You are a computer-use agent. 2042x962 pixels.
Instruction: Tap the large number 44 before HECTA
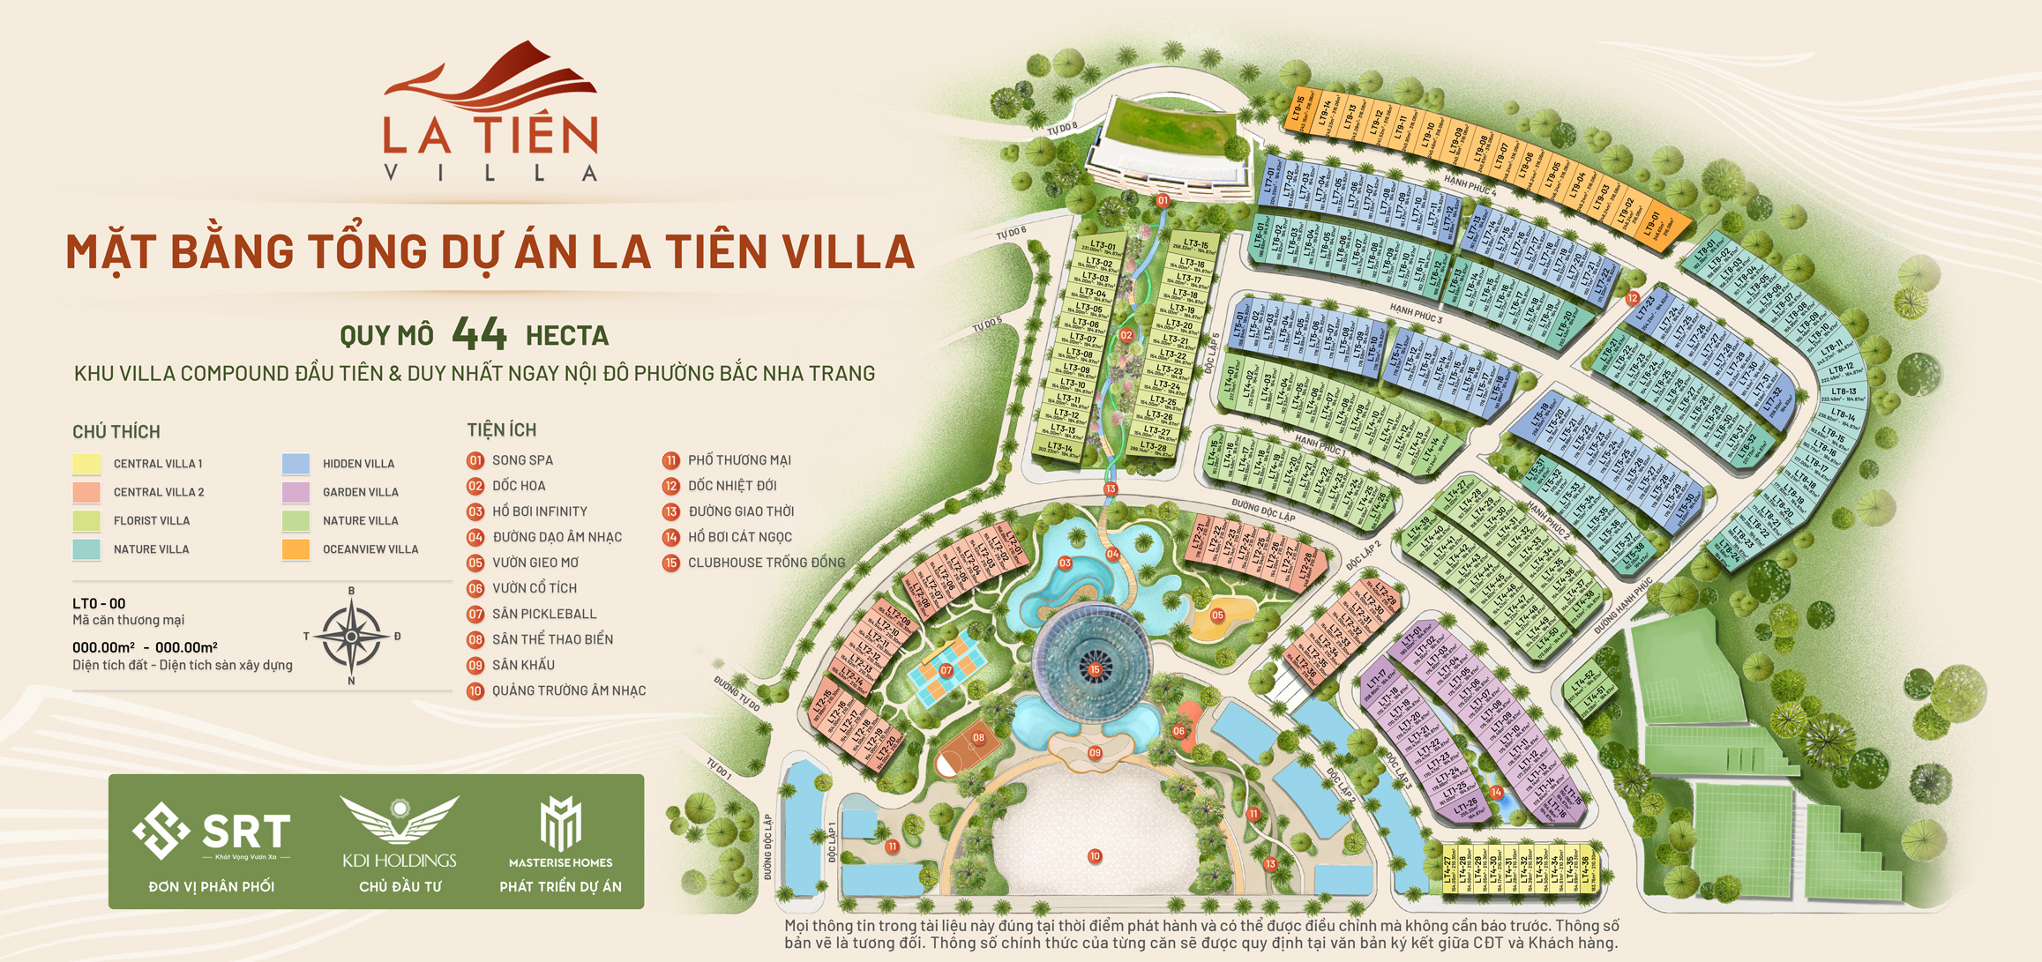pyautogui.click(x=479, y=334)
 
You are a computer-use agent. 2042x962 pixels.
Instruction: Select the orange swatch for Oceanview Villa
pyautogui.click(x=295, y=549)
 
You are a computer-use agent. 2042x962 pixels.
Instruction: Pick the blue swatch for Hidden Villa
pyautogui.click(x=295, y=464)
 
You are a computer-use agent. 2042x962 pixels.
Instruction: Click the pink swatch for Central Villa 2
pyautogui.click(x=86, y=492)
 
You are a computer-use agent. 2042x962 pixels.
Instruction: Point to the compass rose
pyautogui.click(x=351, y=636)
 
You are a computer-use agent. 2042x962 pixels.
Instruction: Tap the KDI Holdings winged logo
pyautogui.click(x=400, y=819)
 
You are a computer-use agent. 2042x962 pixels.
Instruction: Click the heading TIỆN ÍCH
pyautogui.click(x=501, y=430)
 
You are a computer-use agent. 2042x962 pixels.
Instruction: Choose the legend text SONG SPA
pyautogui.click(x=522, y=460)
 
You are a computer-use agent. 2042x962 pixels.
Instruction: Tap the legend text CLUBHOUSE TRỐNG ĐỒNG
pyautogui.click(x=766, y=563)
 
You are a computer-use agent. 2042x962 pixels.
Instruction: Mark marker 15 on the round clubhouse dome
pyautogui.click(x=1095, y=670)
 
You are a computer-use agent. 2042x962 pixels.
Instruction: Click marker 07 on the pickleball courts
pyautogui.click(x=946, y=671)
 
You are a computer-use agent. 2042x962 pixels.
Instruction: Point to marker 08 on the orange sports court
pyautogui.click(x=978, y=737)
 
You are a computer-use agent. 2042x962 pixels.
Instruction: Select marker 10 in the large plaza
pyautogui.click(x=1095, y=856)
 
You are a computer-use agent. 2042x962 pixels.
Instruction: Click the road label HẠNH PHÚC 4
pyautogui.click(x=1470, y=186)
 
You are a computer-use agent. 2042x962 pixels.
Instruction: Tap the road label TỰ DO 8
pyautogui.click(x=1062, y=129)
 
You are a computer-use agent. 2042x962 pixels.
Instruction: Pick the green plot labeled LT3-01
pyautogui.click(x=1102, y=247)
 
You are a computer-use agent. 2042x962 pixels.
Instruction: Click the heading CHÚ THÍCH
pyautogui.click(x=116, y=432)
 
